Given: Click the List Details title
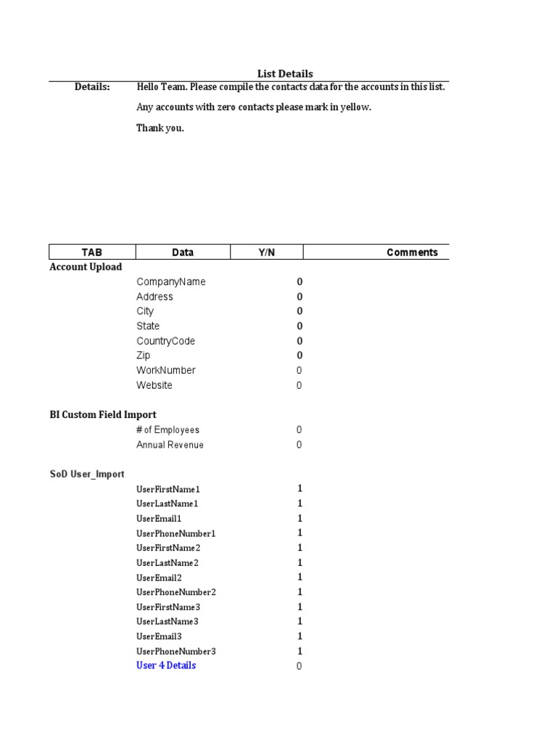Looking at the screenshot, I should [285, 73].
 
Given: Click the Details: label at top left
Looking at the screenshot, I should [92, 87].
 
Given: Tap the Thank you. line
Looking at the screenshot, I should [160, 128].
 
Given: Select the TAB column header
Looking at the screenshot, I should [92, 253].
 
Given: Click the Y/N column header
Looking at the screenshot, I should [267, 253].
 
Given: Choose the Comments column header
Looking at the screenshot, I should [412, 253].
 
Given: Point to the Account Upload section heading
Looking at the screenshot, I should [86, 267].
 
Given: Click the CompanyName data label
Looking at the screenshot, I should [171, 282].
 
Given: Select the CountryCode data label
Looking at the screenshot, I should [166, 341].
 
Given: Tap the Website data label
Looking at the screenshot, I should [154, 385].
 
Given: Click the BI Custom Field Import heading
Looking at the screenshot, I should [103, 415].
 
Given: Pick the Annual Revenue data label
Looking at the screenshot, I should [170, 445].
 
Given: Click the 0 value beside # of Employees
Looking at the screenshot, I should [299, 430].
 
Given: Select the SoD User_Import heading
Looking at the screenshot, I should [87, 474].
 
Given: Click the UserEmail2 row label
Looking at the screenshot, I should [159, 578].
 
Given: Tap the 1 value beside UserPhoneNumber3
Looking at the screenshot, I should [300, 652].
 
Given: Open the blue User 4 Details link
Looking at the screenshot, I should [166, 665].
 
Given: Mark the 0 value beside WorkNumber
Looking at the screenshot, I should [299, 371].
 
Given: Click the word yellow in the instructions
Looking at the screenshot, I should [355, 107].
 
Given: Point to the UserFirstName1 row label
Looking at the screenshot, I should [168, 489].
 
